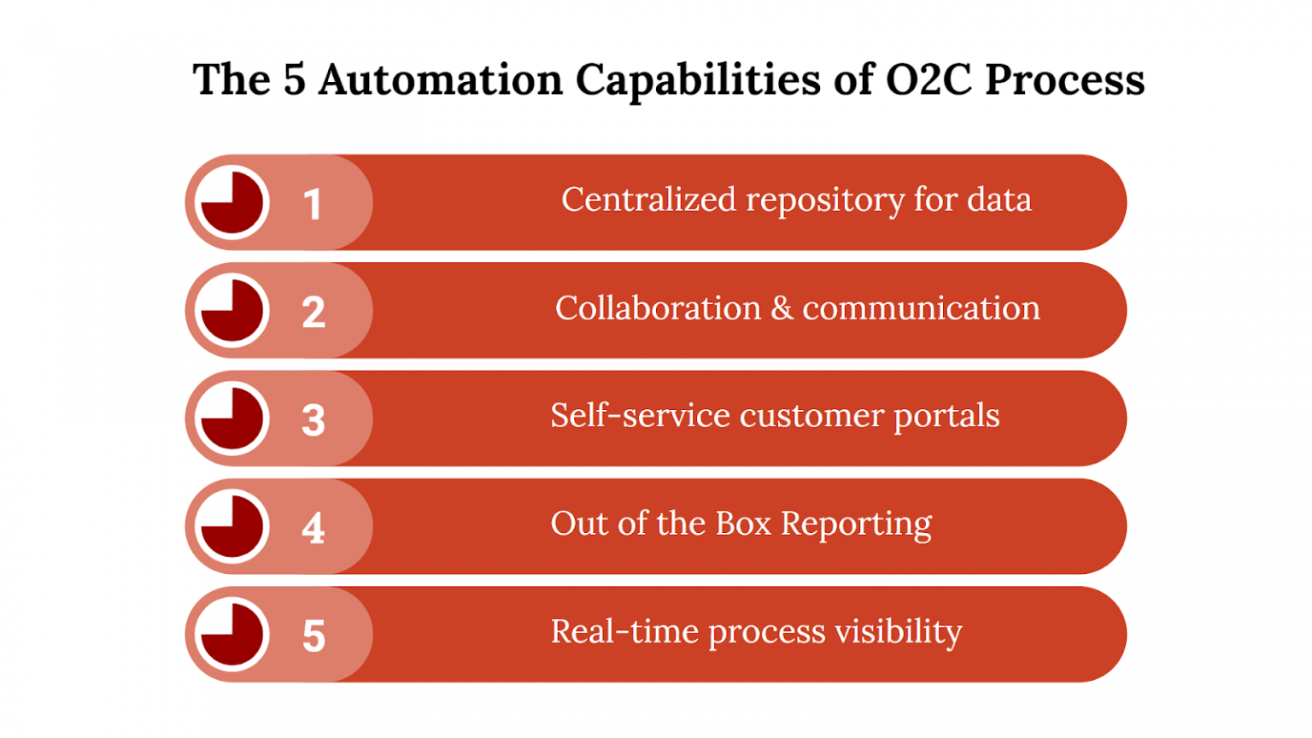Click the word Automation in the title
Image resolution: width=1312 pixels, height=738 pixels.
pyautogui.click(x=440, y=80)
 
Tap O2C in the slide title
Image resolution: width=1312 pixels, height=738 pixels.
pyautogui.click(x=928, y=80)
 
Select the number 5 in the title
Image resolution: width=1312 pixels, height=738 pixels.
pyautogui.click(x=294, y=80)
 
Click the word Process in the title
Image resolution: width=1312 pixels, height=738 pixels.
pyautogui.click(x=1064, y=80)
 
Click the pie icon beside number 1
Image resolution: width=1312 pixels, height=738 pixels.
pyautogui.click(x=231, y=203)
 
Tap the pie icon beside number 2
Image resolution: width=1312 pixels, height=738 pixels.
pyautogui.click(x=231, y=311)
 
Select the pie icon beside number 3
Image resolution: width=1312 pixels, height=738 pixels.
pyautogui.click(x=231, y=419)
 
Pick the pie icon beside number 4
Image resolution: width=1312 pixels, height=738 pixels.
pyautogui.click(x=231, y=527)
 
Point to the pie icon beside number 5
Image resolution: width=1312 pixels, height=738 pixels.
pyautogui.click(x=231, y=635)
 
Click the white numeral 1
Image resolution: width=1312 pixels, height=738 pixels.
pyautogui.click(x=313, y=205)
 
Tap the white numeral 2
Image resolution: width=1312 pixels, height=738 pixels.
pyautogui.click(x=313, y=313)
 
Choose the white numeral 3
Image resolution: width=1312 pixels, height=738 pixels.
pyautogui.click(x=313, y=420)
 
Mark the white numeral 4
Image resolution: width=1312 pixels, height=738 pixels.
pyautogui.click(x=313, y=528)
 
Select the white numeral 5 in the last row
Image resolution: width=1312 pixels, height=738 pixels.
pyautogui.click(x=313, y=636)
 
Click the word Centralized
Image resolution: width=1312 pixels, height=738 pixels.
pyautogui.click(x=648, y=200)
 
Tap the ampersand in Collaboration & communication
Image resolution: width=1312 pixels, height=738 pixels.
pyautogui.click(x=782, y=308)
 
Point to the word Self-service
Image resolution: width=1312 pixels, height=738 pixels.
pyautogui.click(x=640, y=416)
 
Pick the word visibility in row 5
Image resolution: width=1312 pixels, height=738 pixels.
pyautogui.click(x=898, y=632)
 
